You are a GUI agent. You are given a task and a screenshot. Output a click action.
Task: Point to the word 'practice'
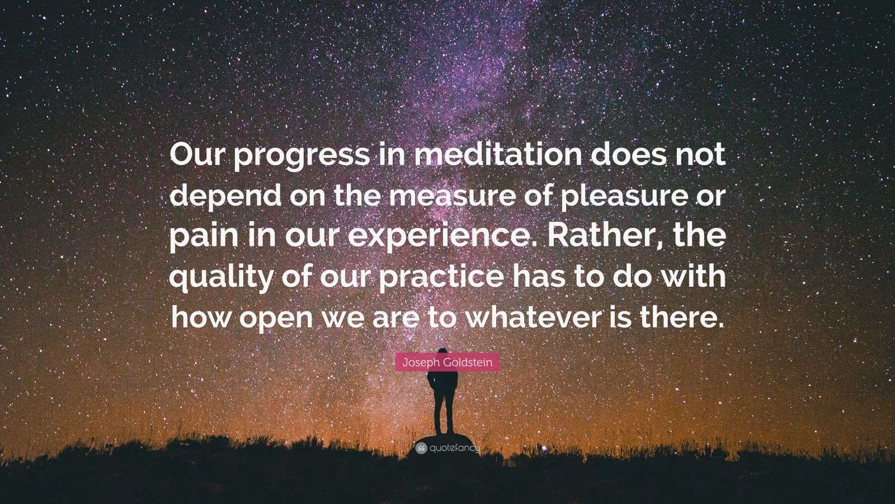(x=440, y=277)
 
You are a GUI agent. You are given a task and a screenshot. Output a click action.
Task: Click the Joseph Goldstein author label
(x=447, y=362)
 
